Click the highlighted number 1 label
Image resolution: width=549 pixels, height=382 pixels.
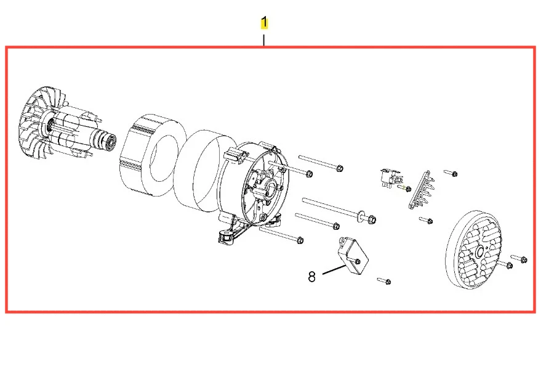click(265, 22)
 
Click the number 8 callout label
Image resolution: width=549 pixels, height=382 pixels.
click(311, 277)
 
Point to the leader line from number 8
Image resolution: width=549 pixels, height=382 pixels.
click(334, 270)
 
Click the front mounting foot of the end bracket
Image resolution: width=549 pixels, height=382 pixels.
click(227, 235)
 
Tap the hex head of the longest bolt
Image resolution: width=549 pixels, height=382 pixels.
click(372, 220)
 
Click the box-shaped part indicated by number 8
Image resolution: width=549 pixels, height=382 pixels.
click(352, 256)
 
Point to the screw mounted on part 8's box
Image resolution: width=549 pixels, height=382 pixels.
click(357, 261)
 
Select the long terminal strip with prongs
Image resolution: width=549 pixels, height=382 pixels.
click(421, 190)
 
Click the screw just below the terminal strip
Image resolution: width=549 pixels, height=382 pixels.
click(426, 220)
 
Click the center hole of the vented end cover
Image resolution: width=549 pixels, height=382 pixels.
click(479, 251)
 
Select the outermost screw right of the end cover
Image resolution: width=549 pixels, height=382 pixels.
click(519, 259)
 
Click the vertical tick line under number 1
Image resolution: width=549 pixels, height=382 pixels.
click(263, 40)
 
